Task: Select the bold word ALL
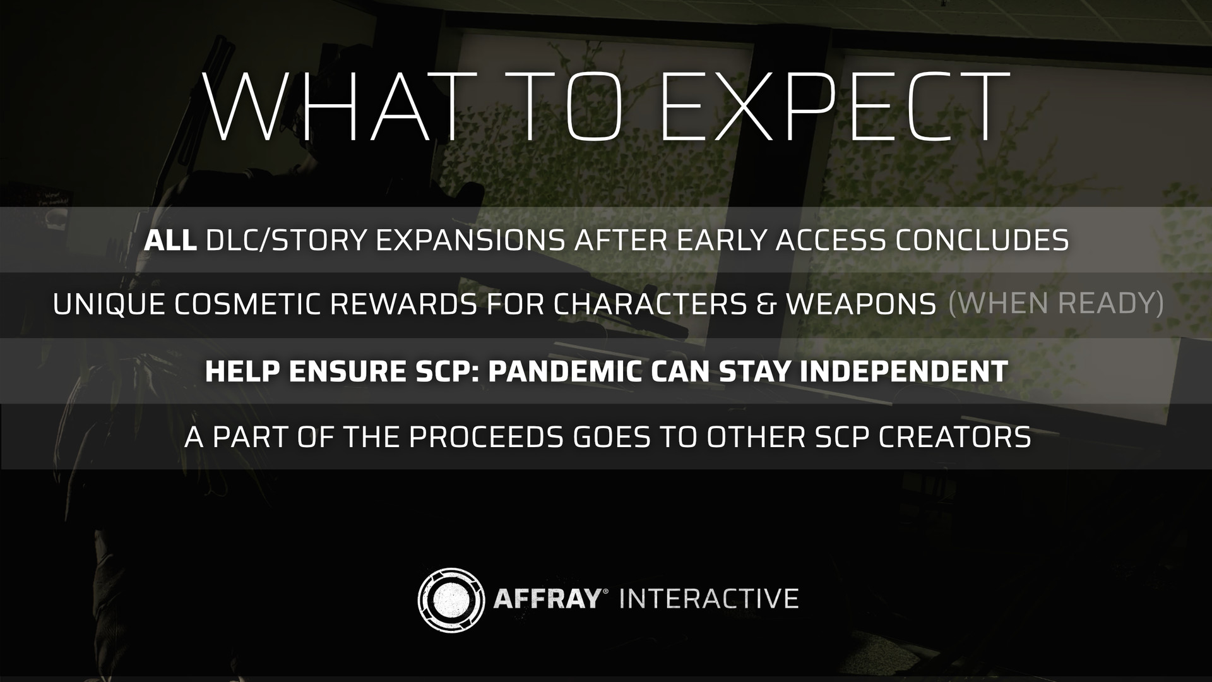(x=170, y=240)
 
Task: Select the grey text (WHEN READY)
(x=1055, y=304)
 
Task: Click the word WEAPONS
(x=861, y=305)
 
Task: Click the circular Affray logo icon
(x=451, y=597)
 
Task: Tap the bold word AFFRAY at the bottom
(x=546, y=597)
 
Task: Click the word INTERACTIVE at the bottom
(x=709, y=597)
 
